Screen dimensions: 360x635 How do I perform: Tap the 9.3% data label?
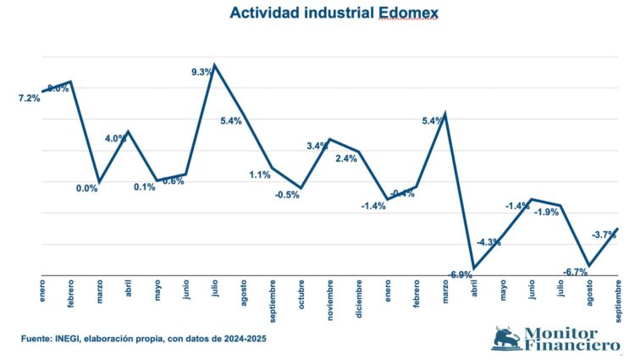pos(202,72)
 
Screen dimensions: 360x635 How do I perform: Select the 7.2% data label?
pos(29,98)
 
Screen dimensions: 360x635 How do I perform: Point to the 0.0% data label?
pos(87,188)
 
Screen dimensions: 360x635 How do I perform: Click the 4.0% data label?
pos(116,138)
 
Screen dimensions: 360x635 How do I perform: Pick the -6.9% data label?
pos(460,274)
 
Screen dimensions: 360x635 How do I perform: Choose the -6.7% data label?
pos(576,271)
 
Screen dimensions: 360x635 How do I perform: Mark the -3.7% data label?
pos(603,235)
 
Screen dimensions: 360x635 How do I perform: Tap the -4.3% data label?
pos(489,242)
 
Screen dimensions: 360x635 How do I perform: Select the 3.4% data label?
pos(317,146)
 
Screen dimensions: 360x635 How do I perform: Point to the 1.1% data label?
pos(260,174)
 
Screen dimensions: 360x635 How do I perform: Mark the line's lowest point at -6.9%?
pos(474,269)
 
